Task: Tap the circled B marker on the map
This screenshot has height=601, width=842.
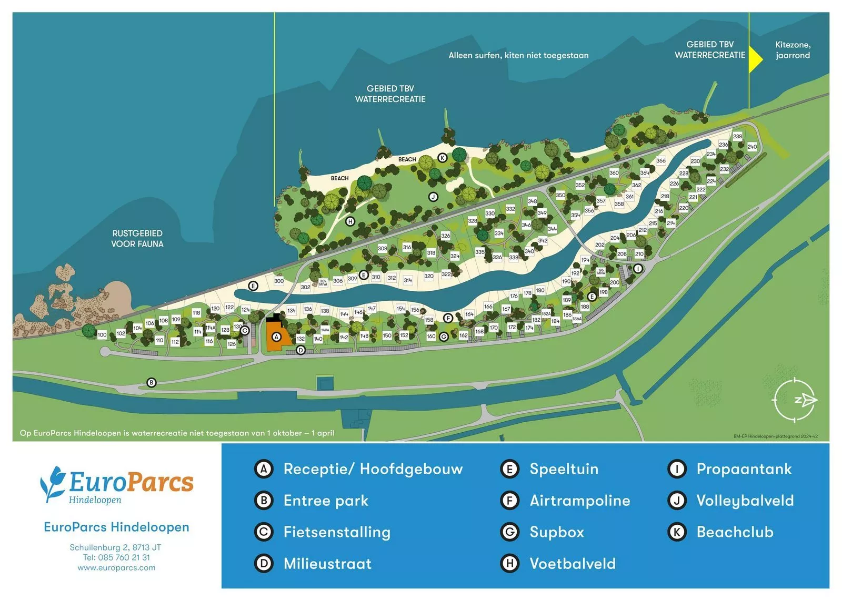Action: point(152,382)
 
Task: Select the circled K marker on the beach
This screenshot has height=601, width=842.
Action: point(442,158)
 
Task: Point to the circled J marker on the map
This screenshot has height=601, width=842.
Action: point(433,197)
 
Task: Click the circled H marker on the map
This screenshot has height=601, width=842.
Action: point(350,221)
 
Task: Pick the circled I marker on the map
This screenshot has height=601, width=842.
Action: point(638,269)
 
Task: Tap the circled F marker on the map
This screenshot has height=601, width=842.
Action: point(448,318)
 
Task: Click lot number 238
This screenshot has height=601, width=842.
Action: point(737,136)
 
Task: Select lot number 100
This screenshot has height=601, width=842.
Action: point(102,334)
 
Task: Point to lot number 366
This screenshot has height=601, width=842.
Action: point(660,160)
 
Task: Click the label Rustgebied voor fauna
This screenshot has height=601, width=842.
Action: point(137,239)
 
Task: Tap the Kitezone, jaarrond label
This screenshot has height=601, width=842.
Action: point(793,50)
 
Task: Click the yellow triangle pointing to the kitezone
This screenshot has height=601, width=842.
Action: point(755,59)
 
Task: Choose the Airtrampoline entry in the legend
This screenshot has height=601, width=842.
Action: point(579,501)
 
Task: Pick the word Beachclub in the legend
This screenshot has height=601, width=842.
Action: point(735,532)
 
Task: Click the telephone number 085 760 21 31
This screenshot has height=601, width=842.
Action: point(124,557)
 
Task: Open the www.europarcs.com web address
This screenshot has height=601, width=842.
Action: point(116,568)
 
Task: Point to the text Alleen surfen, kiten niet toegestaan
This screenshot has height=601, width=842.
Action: point(518,55)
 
